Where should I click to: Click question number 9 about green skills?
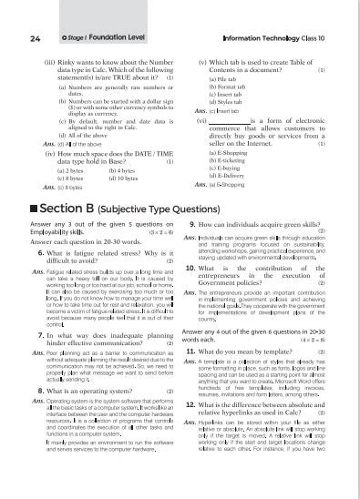(x=192, y=222)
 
